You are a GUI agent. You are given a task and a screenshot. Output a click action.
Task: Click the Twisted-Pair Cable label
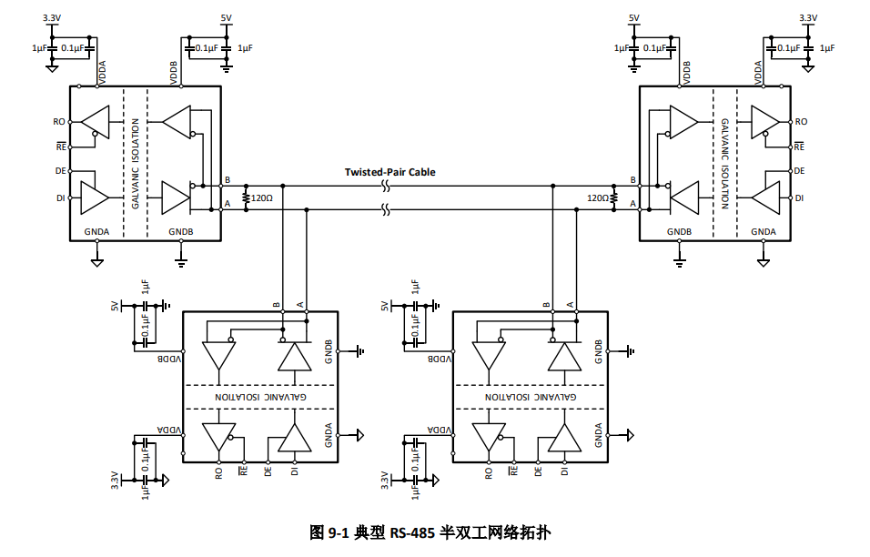[389, 172]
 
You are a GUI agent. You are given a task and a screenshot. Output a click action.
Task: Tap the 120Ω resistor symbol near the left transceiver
[246, 198]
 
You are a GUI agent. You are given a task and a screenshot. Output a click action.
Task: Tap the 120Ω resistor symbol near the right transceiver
[613, 198]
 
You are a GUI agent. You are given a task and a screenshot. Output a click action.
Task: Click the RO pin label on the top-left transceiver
[59, 121]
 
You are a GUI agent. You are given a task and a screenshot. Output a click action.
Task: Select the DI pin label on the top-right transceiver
[799, 198]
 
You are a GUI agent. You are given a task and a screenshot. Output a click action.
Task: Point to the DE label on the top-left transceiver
[60, 171]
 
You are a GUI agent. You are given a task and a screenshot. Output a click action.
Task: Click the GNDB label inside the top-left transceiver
[181, 231]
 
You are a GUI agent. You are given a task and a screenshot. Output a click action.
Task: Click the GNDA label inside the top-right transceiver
[764, 231]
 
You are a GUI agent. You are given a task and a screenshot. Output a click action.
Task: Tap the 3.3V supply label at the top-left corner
[52, 18]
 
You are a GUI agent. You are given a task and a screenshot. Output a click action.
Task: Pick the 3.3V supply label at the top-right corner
[808, 18]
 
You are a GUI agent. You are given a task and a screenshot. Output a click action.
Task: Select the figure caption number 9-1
[338, 533]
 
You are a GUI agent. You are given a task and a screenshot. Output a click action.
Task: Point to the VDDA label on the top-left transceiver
[102, 73]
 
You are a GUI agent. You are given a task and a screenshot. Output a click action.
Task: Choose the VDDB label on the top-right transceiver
[687, 73]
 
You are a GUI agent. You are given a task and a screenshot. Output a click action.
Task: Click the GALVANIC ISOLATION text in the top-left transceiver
[136, 164]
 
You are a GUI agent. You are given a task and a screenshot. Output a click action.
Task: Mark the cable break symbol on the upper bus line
[386, 187]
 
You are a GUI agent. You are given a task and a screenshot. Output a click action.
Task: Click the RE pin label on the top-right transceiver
[799, 147]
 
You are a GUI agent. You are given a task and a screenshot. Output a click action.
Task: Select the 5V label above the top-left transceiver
[226, 18]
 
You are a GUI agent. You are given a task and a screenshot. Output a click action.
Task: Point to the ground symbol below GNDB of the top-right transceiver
[679, 262]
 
